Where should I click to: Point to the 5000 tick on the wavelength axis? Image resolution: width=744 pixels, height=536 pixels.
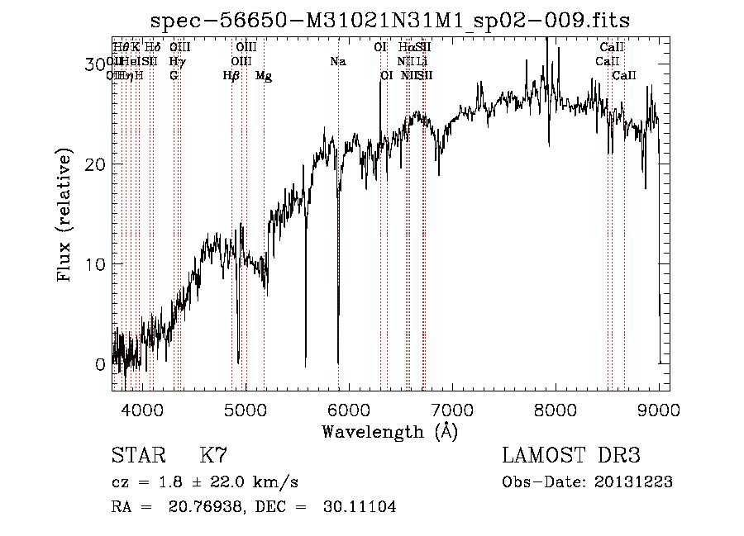(245, 408)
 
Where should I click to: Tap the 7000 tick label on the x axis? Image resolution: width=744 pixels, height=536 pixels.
(451, 408)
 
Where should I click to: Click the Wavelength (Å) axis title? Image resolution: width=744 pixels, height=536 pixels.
(389, 431)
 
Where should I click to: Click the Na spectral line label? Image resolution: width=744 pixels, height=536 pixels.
(337, 62)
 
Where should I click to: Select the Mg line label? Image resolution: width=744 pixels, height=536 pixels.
(264, 76)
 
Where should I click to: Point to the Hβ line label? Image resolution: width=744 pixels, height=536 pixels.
(231, 76)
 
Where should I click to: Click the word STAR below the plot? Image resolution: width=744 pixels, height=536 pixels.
(138, 456)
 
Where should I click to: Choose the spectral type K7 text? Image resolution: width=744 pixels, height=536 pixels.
(213, 456)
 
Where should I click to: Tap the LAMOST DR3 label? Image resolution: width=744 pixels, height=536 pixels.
(571, 456)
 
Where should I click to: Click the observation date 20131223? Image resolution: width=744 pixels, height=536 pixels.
(635, 482)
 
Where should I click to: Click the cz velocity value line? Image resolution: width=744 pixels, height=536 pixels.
(205, 482)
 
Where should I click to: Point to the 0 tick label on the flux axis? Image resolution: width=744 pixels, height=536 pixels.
(100, 364)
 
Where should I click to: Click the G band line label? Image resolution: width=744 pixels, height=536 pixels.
(174, 76)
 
